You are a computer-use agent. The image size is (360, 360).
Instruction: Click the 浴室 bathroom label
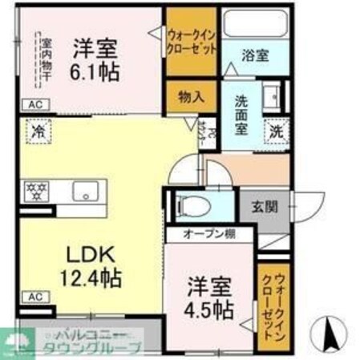point(256,55)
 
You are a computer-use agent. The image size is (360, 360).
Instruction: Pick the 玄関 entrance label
point(265,206)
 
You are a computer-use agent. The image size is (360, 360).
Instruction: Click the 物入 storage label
point(190,96)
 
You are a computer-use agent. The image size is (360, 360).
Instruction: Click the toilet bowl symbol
point(191,206)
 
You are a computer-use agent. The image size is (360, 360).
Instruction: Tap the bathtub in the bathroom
point(253,25)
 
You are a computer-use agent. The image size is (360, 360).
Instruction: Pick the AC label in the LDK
point(34,297)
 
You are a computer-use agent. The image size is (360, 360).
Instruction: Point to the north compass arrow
point(326,330)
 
